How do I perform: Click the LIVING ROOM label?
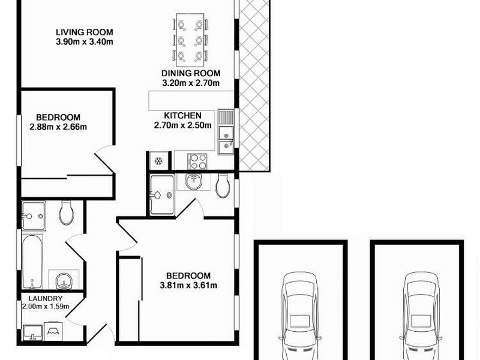tap(84, 32)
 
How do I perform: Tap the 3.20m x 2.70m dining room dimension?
tap(190, 83)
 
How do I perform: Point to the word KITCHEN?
tap(182, 116)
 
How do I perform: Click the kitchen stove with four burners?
tap(198, 161)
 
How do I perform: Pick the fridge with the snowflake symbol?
tap(159, 161)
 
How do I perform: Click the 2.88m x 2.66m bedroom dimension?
tap(58, 127)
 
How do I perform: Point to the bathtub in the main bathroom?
tap(33, 261)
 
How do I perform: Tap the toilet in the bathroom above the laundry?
tap(66, 211)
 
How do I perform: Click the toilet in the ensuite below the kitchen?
tap(223, 186)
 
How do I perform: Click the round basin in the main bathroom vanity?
tap(63, 280)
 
